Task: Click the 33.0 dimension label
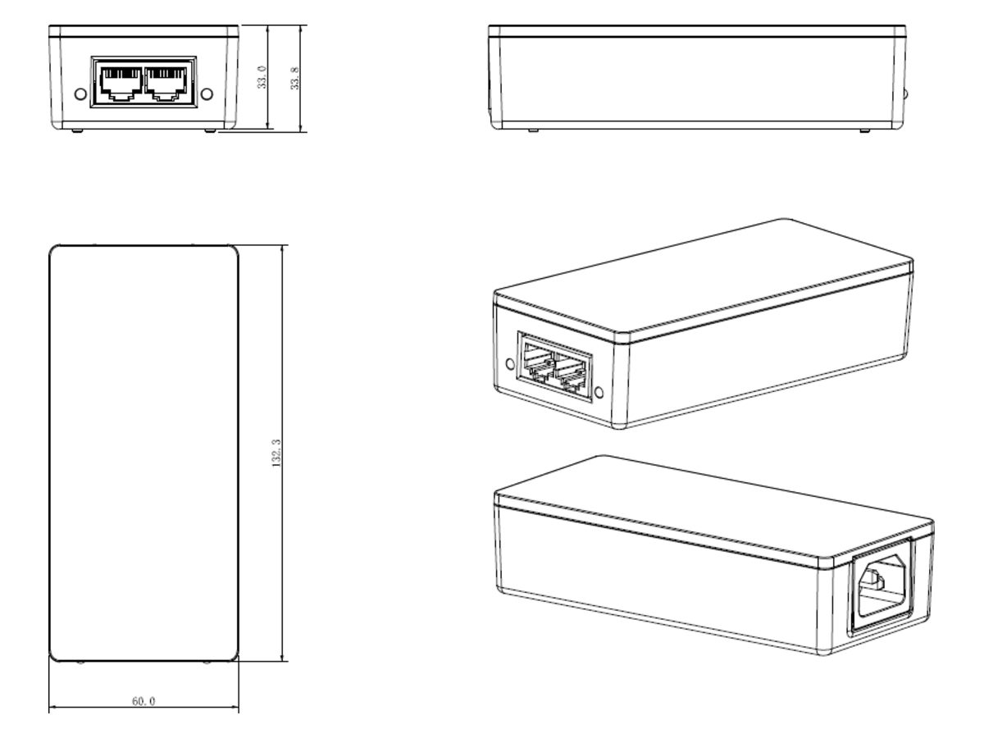click(262, 77)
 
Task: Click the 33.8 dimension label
click(294, 79)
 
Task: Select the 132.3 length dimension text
click(276, 453)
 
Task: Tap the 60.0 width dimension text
click(143, 701)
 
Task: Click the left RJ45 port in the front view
click(121, 84)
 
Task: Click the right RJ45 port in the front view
click(166, 84)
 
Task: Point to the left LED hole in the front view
click(80, 94)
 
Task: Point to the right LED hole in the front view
click(207, 94)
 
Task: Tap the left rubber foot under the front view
click(77, 131)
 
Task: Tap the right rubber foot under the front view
click(210, 131)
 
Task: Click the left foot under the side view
click(533, 131)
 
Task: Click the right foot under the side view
click(865, 131)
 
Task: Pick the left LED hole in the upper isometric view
click(510, 363)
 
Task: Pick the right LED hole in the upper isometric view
click(599, 393)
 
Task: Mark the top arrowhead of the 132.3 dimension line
click(282, 248)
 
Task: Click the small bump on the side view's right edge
click(906, 94)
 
